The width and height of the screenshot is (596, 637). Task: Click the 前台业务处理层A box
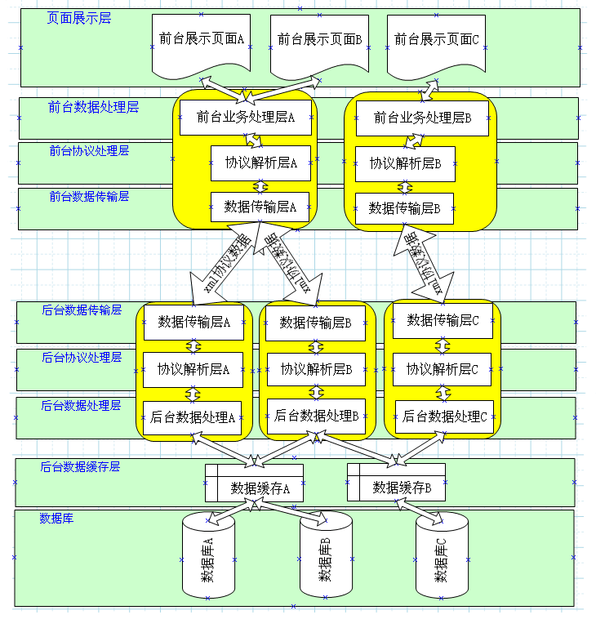point(245,118)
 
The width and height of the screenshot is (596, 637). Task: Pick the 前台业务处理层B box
point(422,118)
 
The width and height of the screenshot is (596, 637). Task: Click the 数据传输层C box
point(443,320)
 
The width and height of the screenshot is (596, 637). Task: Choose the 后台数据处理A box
point(193,416)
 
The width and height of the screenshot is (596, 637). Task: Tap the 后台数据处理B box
point(316,416)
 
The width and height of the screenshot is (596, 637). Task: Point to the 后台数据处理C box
point(444,416)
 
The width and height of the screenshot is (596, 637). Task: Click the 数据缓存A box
point(254,488)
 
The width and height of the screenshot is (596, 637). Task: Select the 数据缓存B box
point(396,488)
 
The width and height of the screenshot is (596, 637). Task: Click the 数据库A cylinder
point(207,558)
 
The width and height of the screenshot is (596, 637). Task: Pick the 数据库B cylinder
point(325,558)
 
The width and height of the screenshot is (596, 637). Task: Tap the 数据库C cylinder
point(442,558)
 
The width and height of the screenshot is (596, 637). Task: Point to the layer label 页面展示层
point(79,18)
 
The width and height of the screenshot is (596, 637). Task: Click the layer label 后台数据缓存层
point(81,467)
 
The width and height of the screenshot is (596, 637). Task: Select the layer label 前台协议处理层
point(88,151)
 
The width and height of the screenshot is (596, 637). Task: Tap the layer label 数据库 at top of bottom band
point(56,519)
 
